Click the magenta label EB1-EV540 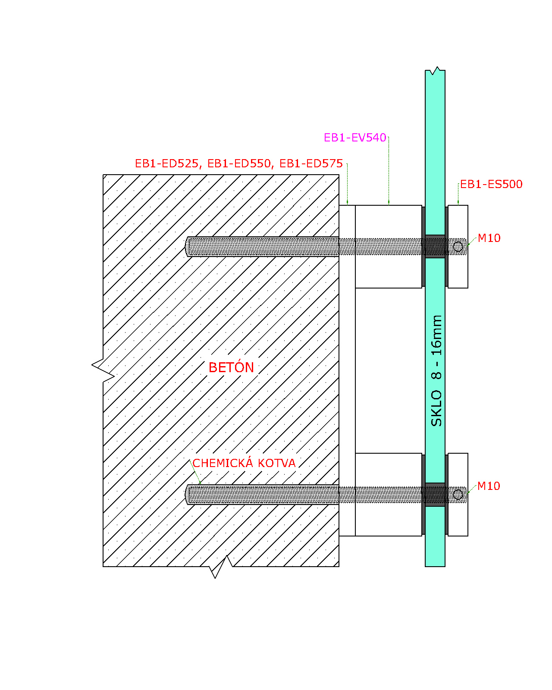[x=355, y=138]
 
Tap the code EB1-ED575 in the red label [x=311, y=163]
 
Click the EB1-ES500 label [x=491, y=184]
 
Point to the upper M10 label [x=489, y=238]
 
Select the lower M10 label [x=489, y=486]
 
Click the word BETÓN [x=231, y=367]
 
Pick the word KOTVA [x=276, y=463]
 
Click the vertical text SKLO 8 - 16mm [x=436, y=370]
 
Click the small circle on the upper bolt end [x=458, y=247]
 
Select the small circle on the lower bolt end [x=458, y=494]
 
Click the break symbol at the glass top [x=435, y=71]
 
